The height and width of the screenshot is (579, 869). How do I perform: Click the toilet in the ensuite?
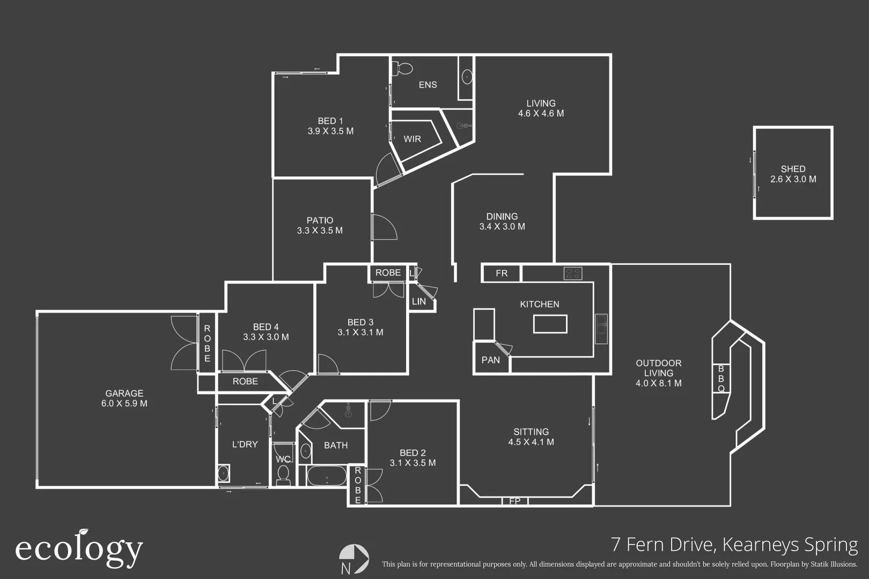(x=403, y=68)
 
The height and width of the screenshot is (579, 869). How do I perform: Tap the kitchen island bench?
(x=550, y=324)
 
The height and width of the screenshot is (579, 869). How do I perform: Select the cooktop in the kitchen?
(x=572, y=273)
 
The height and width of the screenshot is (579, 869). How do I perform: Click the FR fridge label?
(x=502, y=273)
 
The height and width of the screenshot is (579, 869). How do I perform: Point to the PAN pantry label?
(x=490, y=360)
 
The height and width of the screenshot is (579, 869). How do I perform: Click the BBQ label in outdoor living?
(x=721, y=378)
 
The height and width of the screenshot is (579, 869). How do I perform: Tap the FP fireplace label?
(x=515, y=501)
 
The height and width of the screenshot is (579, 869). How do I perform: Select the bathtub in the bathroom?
(x=327, y=476)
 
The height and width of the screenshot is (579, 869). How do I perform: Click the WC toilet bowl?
(x=283, y=474)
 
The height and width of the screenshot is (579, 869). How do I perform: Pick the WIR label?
(x=412, y=139)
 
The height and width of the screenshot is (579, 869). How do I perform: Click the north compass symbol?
(x=354, y=559)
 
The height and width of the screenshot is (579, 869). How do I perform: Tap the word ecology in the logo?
(x=79, y=549)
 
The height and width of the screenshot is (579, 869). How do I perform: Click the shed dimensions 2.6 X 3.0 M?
(x=793, y=179)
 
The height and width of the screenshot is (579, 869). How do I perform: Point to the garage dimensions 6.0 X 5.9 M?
(x=124, y=403)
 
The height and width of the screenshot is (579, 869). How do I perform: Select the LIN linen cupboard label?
(x=419, y=301)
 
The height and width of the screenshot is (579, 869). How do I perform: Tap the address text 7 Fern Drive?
(x=663, y=545)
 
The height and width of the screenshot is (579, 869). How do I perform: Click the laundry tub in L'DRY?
(x=223, y=474)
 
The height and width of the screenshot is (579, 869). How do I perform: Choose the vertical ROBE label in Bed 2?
(x=358, y=485)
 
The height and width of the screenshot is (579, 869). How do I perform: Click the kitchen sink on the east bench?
(x=601, y=325)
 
